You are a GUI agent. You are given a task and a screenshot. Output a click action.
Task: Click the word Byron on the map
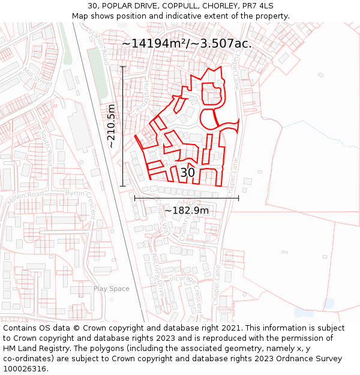[x=74, y=194]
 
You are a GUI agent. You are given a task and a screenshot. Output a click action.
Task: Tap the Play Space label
[x=111, y=289]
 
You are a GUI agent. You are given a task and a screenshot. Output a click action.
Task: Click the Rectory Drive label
[x=158, y=270]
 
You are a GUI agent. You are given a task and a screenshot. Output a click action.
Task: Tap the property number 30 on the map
[x=187, y=173]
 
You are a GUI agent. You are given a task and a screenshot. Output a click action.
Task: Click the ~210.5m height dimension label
[x=111, y=126]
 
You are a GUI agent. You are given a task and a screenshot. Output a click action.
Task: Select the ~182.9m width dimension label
[x=187, y=211]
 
